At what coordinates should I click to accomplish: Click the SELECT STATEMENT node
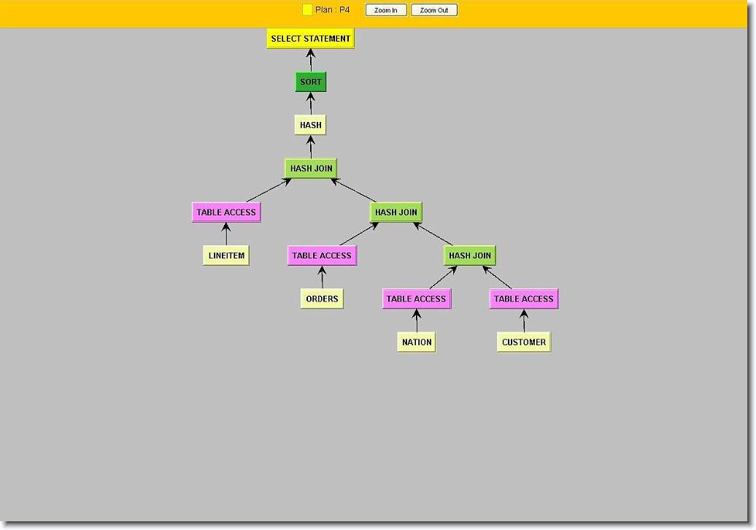[311, 39]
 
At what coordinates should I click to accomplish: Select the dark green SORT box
[311, 82]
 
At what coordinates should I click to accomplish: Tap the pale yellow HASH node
[311, 125]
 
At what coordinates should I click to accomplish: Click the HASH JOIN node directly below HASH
[311, 169]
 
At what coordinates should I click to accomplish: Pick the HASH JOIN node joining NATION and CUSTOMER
[470, 255]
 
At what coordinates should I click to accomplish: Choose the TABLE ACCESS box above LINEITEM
[226, 212]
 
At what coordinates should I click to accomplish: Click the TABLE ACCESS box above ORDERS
[322, 255]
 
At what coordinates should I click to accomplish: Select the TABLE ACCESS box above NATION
[417, 299]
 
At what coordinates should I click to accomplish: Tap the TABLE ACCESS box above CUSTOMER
[524, 299]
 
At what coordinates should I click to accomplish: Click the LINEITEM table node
[226, 255]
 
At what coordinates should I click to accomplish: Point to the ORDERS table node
[322, 299]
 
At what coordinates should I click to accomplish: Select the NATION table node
[417, 342]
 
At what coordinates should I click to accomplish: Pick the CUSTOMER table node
[524, 342]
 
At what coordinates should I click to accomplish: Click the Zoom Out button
[434, 10]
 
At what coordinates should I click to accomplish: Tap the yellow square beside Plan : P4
[307, 9]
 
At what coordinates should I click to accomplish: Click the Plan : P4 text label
[332, 9]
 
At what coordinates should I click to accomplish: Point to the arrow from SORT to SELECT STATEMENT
[311, 61]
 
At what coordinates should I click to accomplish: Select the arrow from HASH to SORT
[311, 103]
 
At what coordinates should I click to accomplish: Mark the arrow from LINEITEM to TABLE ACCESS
[226, 234]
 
